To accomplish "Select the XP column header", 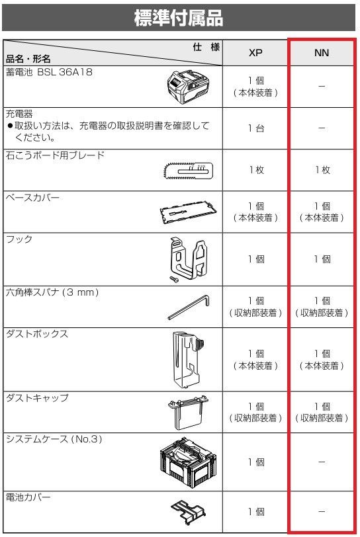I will [x=255, y=54].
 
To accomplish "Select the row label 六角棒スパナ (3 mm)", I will [x=53, y=292].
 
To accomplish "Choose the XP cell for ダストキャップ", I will [x=255, y=412].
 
